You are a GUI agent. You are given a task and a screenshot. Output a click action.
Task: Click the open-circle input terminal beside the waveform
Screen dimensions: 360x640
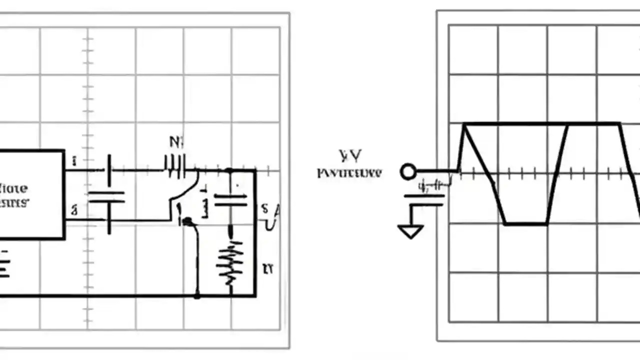(x=408, y=172)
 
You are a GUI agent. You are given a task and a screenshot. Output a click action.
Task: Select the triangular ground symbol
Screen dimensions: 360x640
(x=410, y=231)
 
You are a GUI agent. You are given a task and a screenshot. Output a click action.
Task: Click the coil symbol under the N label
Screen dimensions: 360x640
(x=175, y=166)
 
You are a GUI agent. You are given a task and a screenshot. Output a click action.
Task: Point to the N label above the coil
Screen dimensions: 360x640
(x=176, y=142)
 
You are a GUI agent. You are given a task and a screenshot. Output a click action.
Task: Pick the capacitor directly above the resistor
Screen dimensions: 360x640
(x=230, y=200)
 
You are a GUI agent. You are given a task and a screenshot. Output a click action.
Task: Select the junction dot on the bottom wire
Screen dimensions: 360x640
(x=197, y=295)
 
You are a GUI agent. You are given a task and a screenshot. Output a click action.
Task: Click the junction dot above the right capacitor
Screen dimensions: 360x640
(x=229, y=171)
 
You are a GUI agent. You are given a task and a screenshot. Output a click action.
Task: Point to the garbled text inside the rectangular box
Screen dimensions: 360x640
(x=14, y=195)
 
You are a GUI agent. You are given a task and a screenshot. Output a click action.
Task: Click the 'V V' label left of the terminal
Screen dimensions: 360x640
(x=350, y=156)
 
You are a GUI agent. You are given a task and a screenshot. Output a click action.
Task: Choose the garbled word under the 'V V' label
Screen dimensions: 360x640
(x=349, y=173)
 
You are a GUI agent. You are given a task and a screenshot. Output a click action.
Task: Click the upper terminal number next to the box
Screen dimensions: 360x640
(x=74, y=161)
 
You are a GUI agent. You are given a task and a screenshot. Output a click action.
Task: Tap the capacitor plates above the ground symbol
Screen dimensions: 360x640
(x=424, y=200)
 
